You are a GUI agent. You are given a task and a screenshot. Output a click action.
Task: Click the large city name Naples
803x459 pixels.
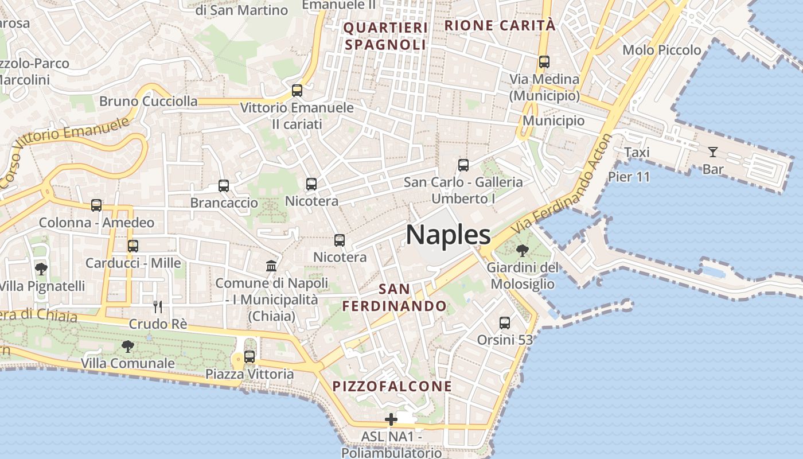click(x=448, y=235)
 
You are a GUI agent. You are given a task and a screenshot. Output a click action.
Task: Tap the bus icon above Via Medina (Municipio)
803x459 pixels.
click(x=544, y=62)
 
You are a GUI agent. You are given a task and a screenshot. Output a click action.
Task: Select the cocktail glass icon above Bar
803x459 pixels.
click(x=712, y=152)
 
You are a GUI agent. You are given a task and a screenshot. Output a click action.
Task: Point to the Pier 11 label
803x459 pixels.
click(x=629, y=177)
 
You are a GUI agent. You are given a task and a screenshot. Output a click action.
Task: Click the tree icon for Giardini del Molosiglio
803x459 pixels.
click(x=522, y=251)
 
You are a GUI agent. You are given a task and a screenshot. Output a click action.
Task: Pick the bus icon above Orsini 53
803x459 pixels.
click(x=505, y=323)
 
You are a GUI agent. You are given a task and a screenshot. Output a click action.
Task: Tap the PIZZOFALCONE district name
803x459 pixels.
click(x=392, y=386)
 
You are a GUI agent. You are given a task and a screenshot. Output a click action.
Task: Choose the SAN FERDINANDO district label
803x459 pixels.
click(x=395, y=297)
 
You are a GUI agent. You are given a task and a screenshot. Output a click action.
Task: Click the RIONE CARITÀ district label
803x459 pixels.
click(x=500, y=25)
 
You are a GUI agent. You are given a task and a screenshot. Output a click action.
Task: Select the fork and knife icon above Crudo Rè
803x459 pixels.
click(x=158, y=307)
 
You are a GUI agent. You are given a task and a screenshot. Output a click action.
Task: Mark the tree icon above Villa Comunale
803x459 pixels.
click(x=127, y=347)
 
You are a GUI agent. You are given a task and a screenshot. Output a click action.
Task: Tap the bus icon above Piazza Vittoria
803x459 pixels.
click(x=250, y=357)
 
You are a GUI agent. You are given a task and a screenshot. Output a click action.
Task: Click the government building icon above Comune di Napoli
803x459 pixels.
click(x=271, y=266)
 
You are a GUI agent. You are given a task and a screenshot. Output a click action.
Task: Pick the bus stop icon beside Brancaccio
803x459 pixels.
click(x=224, y=186)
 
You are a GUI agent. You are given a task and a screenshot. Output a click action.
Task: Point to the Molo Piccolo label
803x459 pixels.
click(x=662, y=50)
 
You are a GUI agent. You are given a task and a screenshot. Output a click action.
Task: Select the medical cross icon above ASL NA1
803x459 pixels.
click(x=391, y=419)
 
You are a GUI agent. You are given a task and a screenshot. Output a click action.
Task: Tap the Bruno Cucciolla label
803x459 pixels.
click(x=149, y=102)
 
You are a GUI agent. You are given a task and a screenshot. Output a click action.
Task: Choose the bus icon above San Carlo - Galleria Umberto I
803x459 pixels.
click(x=463, y=165)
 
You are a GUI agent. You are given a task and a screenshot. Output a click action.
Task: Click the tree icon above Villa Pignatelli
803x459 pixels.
click(x=41, y=269)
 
